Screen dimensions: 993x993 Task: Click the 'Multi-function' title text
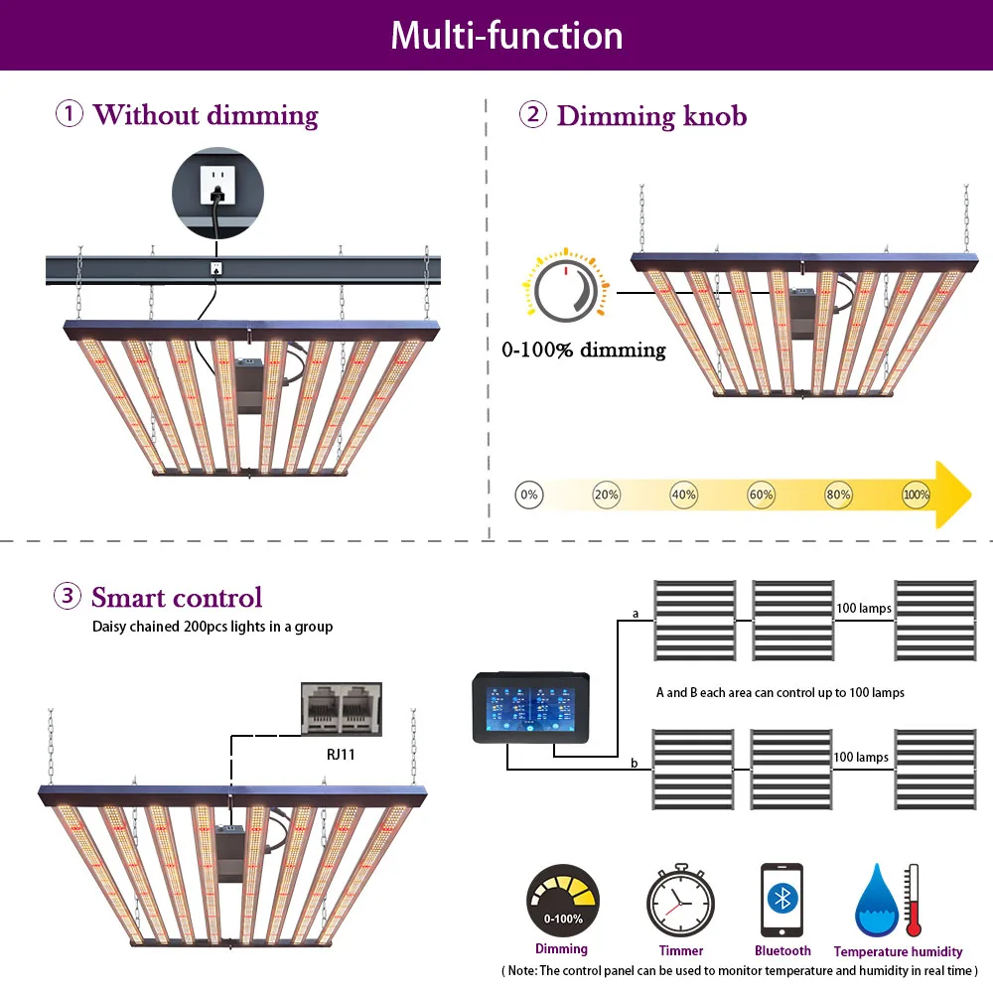coord(506,36)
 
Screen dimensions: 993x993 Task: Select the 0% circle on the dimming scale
coord(529,495)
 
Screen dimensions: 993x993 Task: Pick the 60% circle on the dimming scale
coord(761,495)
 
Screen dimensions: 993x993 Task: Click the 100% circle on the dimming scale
coord(916,495)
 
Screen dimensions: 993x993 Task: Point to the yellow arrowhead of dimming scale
coord(953,495)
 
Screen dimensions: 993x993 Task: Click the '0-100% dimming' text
coord(583,350)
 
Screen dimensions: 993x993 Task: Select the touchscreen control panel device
coord(532,707)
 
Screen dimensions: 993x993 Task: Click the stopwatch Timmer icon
coord(680,903)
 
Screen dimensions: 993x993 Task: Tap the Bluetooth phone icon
coord(781,900)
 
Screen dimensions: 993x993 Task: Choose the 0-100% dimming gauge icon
coord(562,901)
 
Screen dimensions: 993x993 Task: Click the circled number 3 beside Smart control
coord(68,597)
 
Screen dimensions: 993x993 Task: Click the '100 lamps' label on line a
coord(863,608)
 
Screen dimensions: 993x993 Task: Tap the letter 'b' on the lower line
coord(634,763)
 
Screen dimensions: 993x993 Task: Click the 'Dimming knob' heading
coord(651,115)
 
